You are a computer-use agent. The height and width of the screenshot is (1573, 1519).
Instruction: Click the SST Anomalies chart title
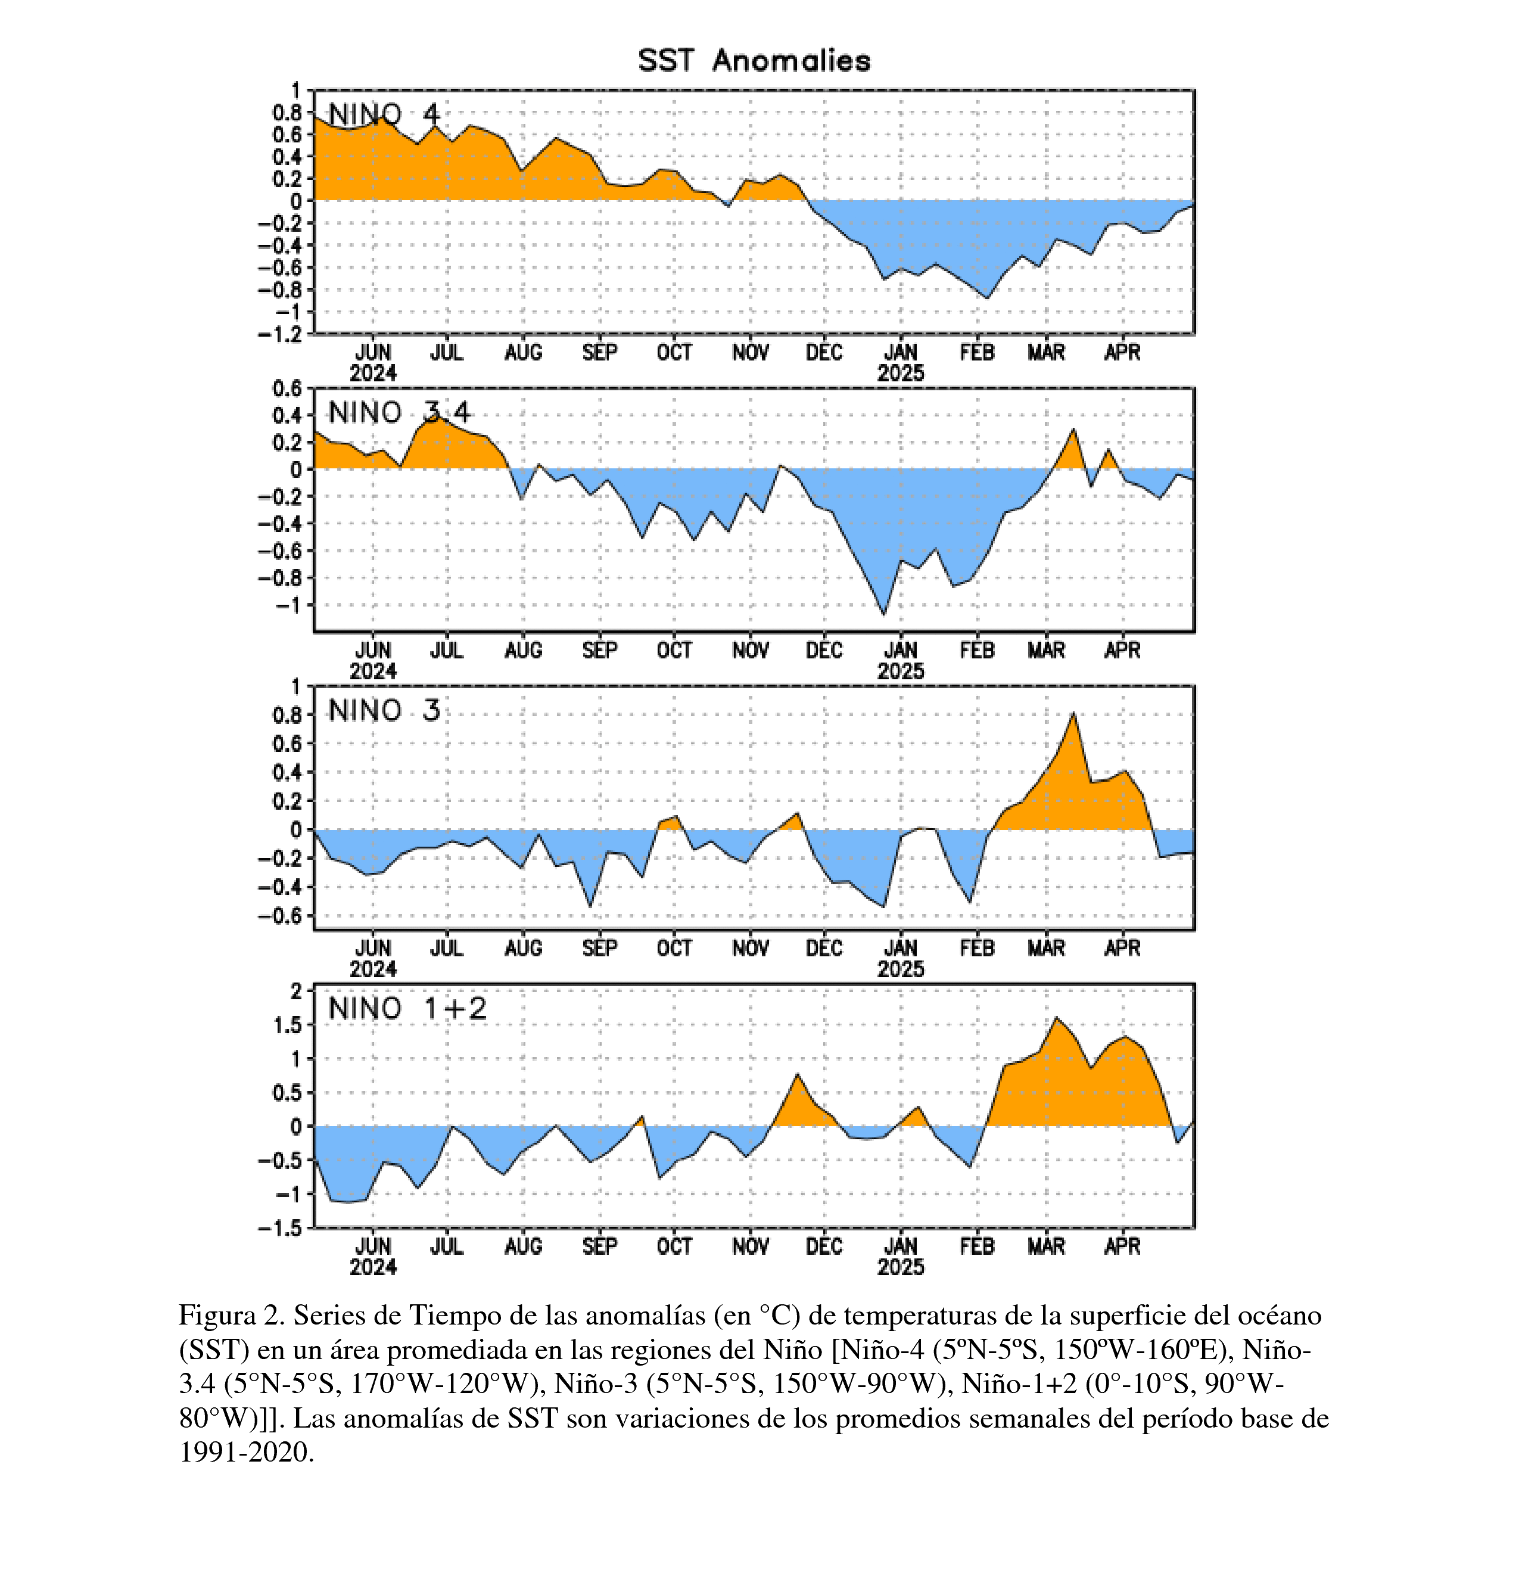(x=754, y=61)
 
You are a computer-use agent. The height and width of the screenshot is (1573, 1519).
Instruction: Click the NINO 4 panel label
(x=384, y=115)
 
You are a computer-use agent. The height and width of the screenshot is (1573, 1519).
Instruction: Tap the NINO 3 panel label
(x=384, y=710)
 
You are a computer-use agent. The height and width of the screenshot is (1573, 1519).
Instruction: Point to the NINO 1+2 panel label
(x=407, y=1008)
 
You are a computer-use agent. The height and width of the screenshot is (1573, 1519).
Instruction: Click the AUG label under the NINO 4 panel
(x=523, y=352)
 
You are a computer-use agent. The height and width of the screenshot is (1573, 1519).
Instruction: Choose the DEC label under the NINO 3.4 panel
(x=824, y=650)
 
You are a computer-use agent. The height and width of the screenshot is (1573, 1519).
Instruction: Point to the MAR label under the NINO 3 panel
(x=1045, y=948)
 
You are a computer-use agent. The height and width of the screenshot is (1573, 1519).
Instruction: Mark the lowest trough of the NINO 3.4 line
(x=883, y=615)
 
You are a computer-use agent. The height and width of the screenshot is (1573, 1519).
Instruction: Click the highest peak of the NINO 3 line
(x=1073, y=713)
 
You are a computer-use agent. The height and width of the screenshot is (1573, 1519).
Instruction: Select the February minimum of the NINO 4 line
(x=987, y=299)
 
